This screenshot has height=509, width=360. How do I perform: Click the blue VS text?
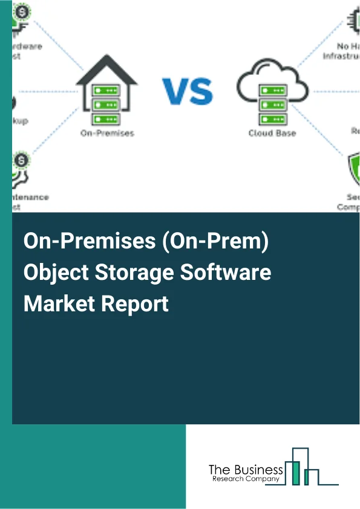coord(187,91)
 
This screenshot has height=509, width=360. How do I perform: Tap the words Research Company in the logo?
coord(246,479)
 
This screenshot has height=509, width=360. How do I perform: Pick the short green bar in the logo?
coord(307,478)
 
